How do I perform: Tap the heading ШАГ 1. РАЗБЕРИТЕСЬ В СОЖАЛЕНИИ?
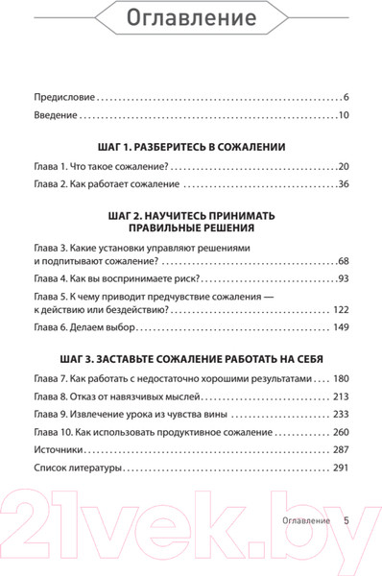(x=191, y=149)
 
